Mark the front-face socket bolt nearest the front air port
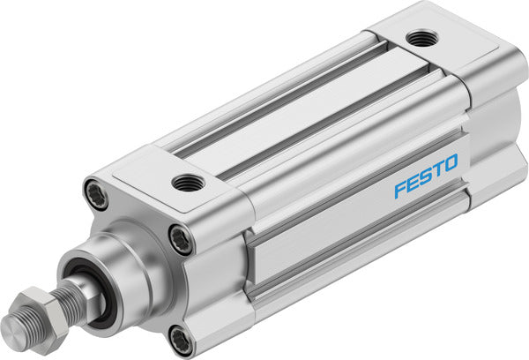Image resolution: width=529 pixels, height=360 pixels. pyautogui.click(x=181, y=238)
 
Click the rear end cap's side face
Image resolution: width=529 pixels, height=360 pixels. pyautogui.click(x=494, y=150)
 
